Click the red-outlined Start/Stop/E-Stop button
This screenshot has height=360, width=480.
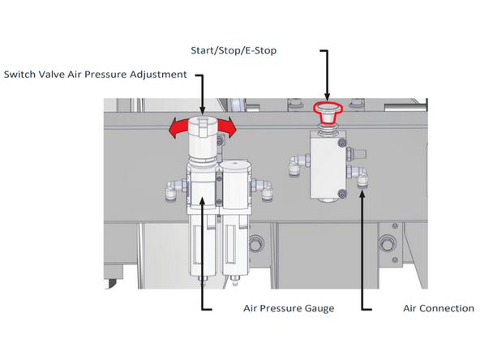click(x=327, y=109)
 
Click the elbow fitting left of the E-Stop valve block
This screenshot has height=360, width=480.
click(x=294, y=166)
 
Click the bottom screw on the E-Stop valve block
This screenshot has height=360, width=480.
click(x=343, y=192)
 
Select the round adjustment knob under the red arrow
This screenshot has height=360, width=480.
click(x=203, y=127)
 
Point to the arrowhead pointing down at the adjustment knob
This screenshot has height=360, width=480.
click(x=203, y=106)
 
